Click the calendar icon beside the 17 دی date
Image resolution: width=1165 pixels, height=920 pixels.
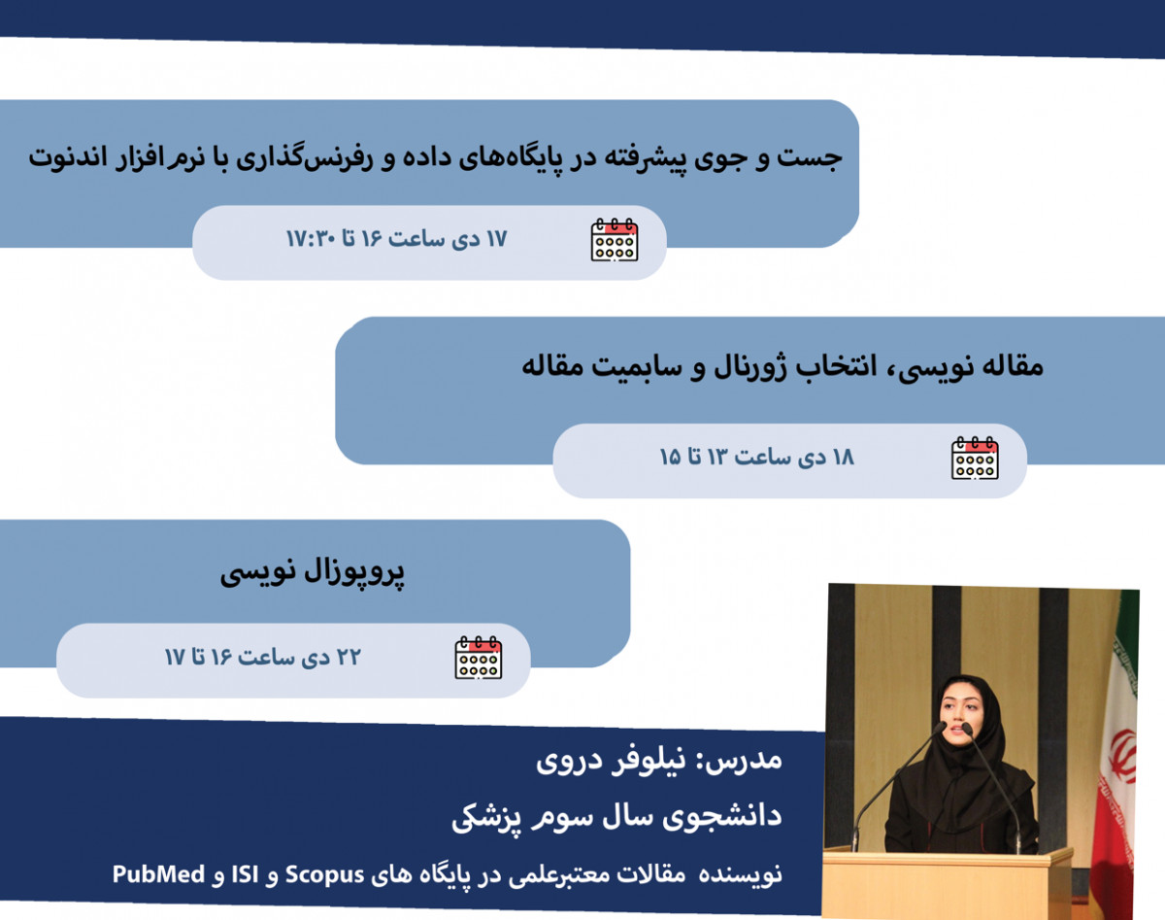pos(615,240)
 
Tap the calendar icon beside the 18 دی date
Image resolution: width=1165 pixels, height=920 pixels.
pos(975,458)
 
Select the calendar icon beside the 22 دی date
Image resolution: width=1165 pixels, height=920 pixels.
pos(479,658)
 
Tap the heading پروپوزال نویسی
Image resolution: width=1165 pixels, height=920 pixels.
pos(312,573)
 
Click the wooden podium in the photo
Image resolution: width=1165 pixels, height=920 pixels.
pos(947,879)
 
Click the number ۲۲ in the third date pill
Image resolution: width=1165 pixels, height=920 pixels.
pos(348,658)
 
